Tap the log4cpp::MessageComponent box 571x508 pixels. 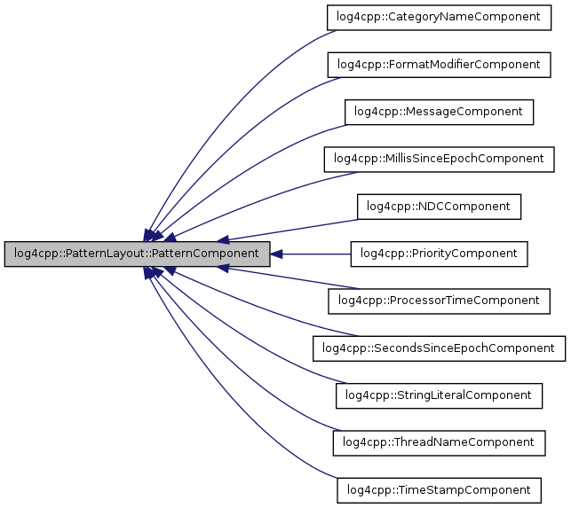pyautogui.click(x=440, y=112)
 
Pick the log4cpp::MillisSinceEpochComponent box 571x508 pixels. pyautogui.click(x=440, y=159)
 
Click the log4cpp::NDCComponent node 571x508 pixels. pyautogui.click(x=440, y=207)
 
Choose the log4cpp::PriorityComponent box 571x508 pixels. pyautogui.click(x=440, y=254)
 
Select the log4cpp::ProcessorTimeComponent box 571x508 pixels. pyautogui.click(x=440, y=301)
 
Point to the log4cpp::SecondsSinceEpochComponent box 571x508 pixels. pyautogui.click(x=440, y=348)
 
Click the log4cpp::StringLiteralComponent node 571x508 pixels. pyautogui.click(x=440, y=395)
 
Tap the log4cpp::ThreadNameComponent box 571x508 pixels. pyautogui.click(x=440, y=442)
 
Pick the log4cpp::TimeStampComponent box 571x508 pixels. pyautogui.click(x=440, y=489)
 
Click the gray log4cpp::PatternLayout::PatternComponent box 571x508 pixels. pyautogui.click(x=137, y=254)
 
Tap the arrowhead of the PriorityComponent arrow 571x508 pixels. pyautogui.click(x=276, y=254)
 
